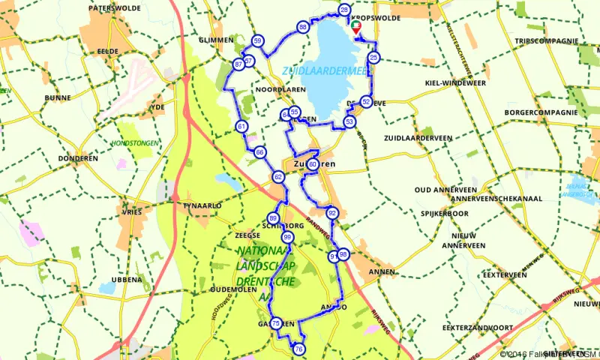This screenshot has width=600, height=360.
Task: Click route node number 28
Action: pos(344,10)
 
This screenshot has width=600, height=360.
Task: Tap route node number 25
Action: pos(374,58)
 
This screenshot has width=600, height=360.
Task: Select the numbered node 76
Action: pos(299,349)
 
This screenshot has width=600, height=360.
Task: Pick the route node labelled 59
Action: pos(258,41)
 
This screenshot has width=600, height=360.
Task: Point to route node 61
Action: pos(241,126)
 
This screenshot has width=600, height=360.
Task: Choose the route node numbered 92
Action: pos(332,213)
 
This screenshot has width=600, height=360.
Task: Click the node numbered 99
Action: pos(287,238)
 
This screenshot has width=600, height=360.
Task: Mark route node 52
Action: pos(366,101)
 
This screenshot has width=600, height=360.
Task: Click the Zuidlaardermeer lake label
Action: pos(324,71)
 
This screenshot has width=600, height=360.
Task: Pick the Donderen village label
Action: pos(78,159)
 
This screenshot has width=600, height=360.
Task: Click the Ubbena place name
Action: pos(126,279)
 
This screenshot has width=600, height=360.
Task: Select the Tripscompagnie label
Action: pos(547,41)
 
